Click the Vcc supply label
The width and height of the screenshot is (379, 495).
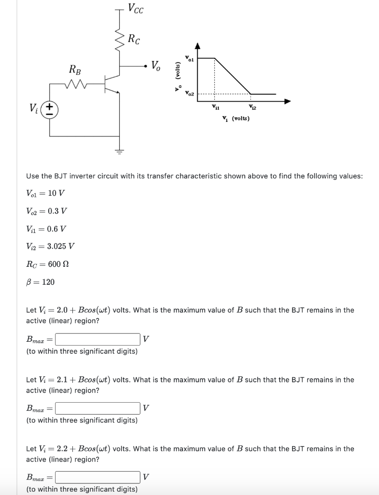(135, 9)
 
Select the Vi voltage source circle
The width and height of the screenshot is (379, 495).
(51, 109)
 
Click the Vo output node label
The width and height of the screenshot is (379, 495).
(157, 66)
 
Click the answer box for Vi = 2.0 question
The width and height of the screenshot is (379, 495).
(98, 339)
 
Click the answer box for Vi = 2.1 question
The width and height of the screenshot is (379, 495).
(98, 408)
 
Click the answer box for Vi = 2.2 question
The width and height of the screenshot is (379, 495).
(98, 478)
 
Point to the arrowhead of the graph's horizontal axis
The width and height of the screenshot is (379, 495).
(288, 102)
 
